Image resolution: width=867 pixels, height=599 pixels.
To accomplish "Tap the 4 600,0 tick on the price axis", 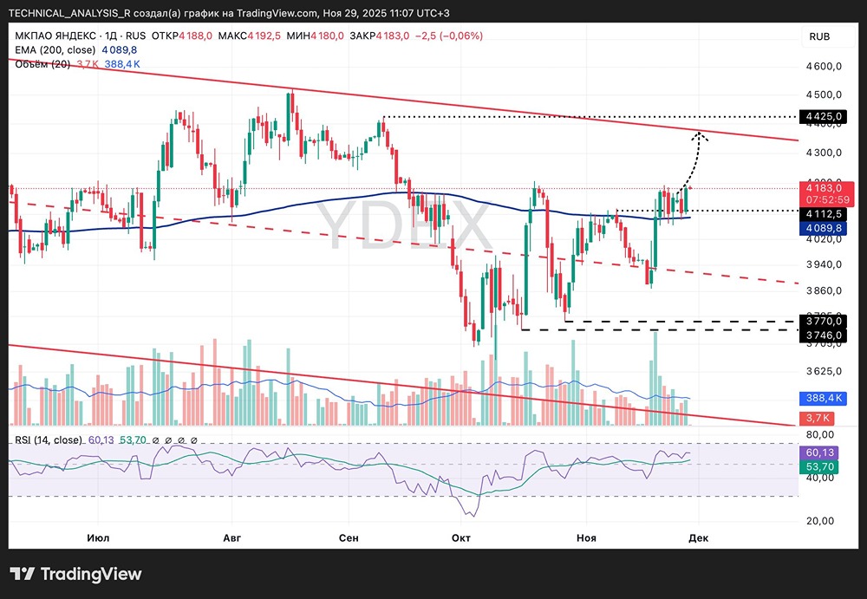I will pos(824,67).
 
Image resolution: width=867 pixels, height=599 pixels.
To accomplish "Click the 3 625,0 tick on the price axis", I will pos(824,371).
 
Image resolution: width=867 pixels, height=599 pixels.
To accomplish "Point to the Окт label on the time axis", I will pos(461,537).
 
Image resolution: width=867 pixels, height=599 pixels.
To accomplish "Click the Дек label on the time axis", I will pos(698,537).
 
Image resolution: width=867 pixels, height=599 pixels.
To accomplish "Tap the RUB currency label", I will pos(819,36).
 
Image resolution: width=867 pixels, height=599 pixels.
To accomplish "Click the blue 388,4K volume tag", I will pos(819,398).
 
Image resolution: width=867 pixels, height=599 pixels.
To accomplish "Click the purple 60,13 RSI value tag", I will pos(819,453).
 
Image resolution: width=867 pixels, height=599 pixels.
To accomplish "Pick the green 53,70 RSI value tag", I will pos(819,467).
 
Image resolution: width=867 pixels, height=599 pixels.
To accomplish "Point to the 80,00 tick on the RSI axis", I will pos(820,434).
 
